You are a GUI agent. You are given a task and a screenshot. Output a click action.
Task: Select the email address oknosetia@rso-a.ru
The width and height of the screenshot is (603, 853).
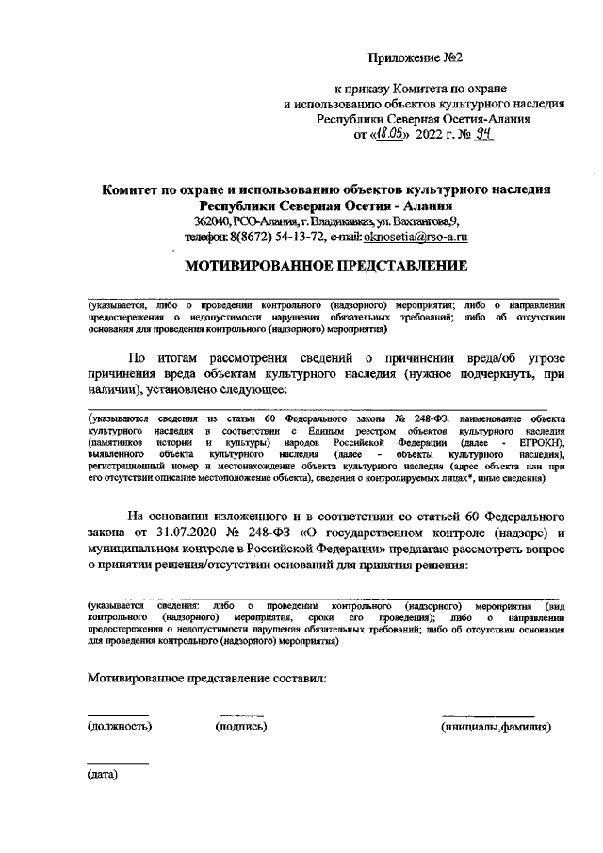[x=418, y=238]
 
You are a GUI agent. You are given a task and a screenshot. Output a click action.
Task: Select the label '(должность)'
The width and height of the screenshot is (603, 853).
[x=120, y=727]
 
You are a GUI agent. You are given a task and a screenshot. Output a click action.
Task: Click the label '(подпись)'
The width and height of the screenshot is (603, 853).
[x=241, y=727]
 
